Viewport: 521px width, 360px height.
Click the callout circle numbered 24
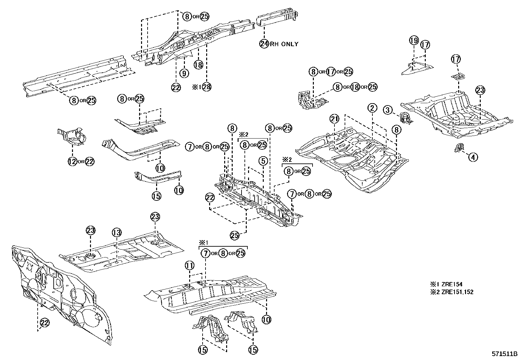[264, 43]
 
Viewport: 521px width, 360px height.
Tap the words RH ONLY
[284, 44]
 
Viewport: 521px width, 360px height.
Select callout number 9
[184, 73]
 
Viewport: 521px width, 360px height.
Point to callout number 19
[414, 40]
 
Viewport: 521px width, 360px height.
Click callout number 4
[473, 157]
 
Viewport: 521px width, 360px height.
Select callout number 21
[334, 119]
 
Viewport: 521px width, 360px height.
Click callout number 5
[263, 161]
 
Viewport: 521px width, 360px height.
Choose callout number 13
[117, 233]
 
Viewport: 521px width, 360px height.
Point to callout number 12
[72, 161]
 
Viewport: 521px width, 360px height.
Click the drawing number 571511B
[504, 354]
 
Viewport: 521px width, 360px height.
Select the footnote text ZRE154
[451, 285]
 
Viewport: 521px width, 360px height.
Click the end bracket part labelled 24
[278, 18]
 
